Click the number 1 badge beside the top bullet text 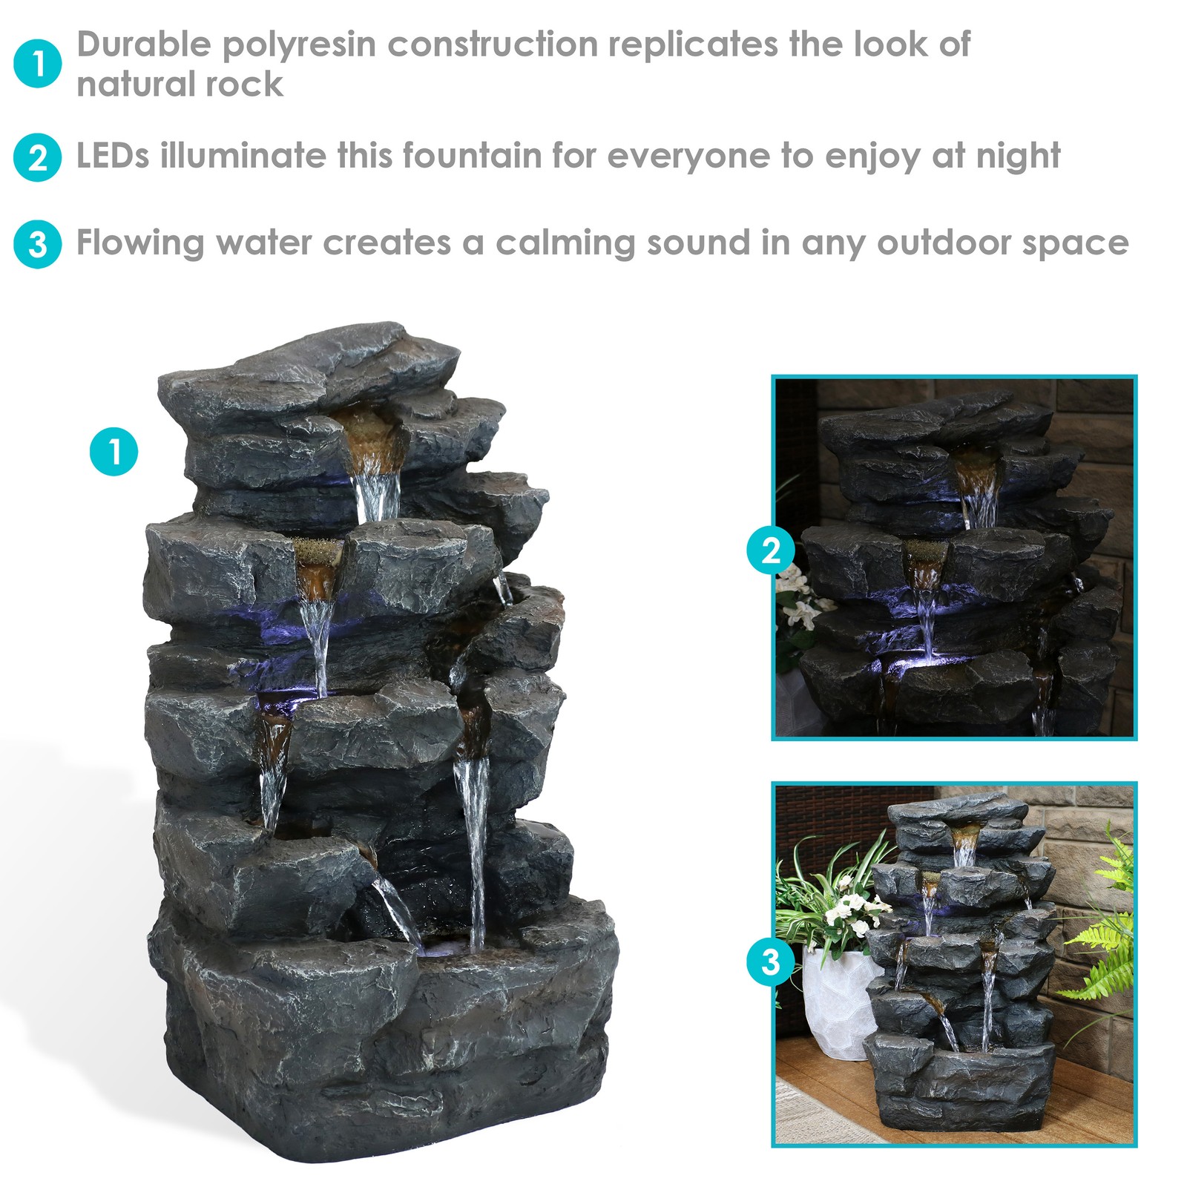click(37, 64)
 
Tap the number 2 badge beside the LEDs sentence click(37, 157)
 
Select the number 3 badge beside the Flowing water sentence click(37, 244)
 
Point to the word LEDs click(113, 156)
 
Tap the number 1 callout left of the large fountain click(114, 451)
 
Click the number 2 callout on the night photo click(771, 551)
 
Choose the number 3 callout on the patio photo click(771, 962)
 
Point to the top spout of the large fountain click(371, 438)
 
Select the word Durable click(144, 45)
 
